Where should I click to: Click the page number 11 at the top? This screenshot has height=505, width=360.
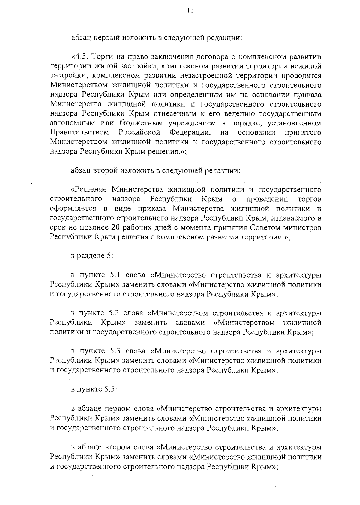coord(189,11)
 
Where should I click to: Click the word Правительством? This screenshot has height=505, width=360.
coord(80,132)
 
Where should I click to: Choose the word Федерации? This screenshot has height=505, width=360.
coord(190,132)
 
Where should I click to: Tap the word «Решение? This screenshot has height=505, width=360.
coord(89,190)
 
